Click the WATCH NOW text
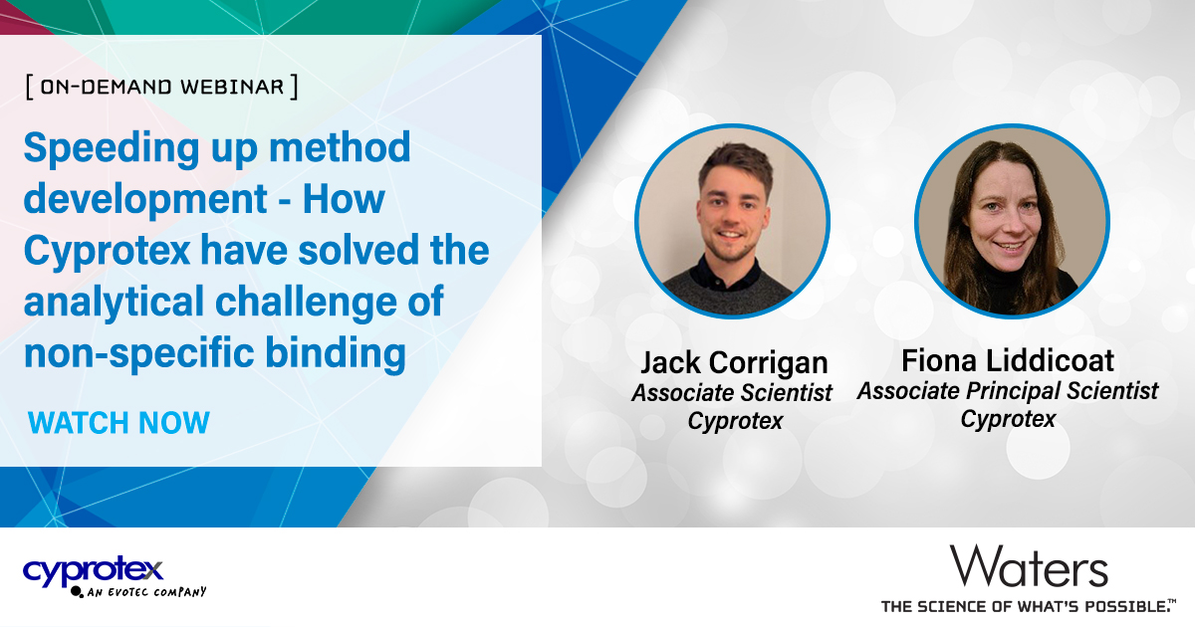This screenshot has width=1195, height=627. pos(119,422)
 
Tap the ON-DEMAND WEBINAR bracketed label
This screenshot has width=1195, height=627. pos(161,87)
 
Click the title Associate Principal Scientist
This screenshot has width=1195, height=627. pos(1007,391)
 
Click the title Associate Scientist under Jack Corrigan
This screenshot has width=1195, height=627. pos(733,393)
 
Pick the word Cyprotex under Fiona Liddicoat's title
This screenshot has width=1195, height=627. pos(1007,419)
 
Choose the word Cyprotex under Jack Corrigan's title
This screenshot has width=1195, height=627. pos(735,421)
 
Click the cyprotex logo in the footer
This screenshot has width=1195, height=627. pos(93,570)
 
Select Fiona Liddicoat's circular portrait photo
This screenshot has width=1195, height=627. pos(1011,222)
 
